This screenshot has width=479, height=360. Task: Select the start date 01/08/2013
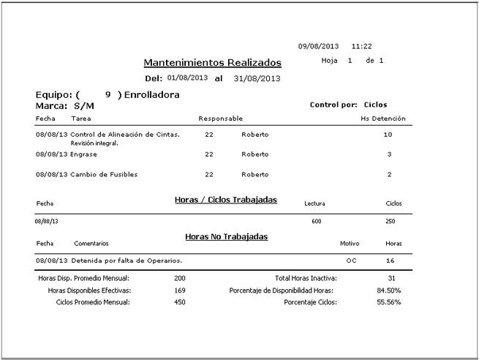pyautogui.click(x=187, y=78)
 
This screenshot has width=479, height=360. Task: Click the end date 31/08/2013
pyautogui.click(x=257, y=78)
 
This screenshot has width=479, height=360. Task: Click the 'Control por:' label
pyautogui.click(x=333, y=105)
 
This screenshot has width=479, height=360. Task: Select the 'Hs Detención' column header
pyautogui.click(x=383, y=118)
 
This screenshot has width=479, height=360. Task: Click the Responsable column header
pyautogui.click(x=220, y=118)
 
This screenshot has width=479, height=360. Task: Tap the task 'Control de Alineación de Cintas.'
pyautogui.click(x=125, y=135)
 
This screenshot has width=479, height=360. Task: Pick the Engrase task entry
pyautogui.click(x=83, y=154)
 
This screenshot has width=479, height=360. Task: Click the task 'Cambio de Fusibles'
pyautogui.click(x=104, y=174)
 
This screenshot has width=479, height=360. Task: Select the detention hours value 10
pyautogui.click(x=388, y=135)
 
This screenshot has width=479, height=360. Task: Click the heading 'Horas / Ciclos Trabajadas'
pyautogui.click(x=226, y=199)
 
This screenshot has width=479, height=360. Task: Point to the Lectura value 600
pyautogui.click(x=316, y=220)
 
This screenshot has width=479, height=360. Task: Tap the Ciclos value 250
pyautogui.click(x=390, y=220)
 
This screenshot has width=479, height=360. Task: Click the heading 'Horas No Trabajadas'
pyautogui.click(x=226, y=236)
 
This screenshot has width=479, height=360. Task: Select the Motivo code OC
pyautogui.click(x=351, y=260)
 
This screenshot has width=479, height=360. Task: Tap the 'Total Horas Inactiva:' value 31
pyautogui.click(x=392, y=278)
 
